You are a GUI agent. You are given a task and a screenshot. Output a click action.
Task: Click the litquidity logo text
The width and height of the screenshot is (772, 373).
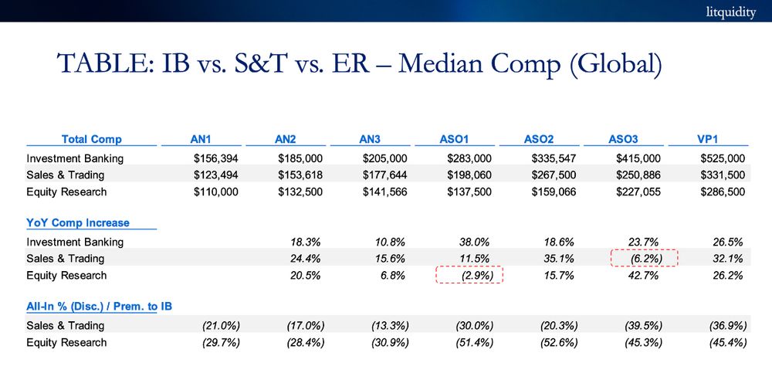(730, 12)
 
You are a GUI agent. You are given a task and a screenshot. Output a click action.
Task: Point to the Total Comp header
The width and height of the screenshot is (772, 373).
(91, 140)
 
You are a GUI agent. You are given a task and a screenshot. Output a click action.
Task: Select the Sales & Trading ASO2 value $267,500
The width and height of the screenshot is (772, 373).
(554, 175)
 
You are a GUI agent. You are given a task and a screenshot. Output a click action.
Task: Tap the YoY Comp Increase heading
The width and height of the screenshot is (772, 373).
(78, 223)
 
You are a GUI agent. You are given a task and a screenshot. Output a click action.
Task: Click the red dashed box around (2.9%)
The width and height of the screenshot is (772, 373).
(469, 276)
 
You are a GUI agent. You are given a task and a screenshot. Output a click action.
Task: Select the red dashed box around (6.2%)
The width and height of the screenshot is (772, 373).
(644, 259)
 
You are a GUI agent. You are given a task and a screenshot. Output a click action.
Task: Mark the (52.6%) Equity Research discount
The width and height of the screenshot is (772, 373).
(555, 342)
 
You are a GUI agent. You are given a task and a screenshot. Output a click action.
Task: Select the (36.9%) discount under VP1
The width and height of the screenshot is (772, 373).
(726, 326)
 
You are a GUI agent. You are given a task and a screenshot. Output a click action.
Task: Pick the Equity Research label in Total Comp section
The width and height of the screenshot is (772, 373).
(66, 192)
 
